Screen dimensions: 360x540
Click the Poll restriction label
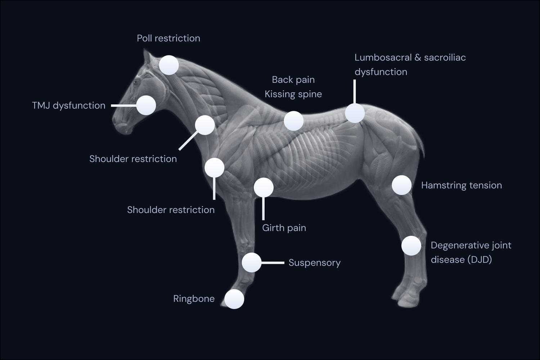click(x=168, y=38)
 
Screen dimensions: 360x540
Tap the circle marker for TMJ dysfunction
click(x=146, y=105)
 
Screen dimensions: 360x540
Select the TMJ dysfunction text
click(x=68, y=105)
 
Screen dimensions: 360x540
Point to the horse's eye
click(x=137, y=82)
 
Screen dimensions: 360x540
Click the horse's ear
click(x=147, y=57)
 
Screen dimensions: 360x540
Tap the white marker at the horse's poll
click(x=169, y=65)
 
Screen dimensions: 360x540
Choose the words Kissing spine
click(x=293, y=94)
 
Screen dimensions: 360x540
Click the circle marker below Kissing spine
click(x=293, y=121)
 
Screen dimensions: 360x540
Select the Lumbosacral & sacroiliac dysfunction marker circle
click(x=355, y=113)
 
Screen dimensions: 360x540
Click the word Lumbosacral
click(x=383, y=58)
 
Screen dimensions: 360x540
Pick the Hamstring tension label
click(x=461, y=185)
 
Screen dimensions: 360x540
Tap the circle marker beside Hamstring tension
click(x=401, y=185)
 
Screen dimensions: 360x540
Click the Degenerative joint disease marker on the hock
click(x=411, y=246)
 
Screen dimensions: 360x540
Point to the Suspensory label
click(x=314, y=263)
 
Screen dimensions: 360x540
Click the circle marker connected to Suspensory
click(x=251, y=262)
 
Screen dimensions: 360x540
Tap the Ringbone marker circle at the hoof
click(x=234, y=299)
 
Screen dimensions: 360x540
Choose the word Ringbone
click(x=194, y=299)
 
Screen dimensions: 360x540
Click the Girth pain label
click(x=284, y=228)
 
